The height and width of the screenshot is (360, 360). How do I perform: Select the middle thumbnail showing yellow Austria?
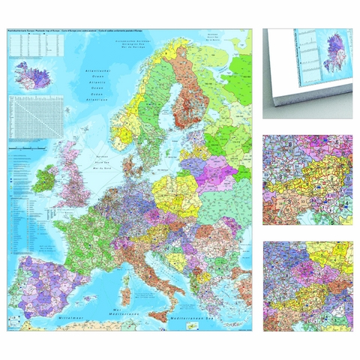pyautogui.click(x=307, y=179)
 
